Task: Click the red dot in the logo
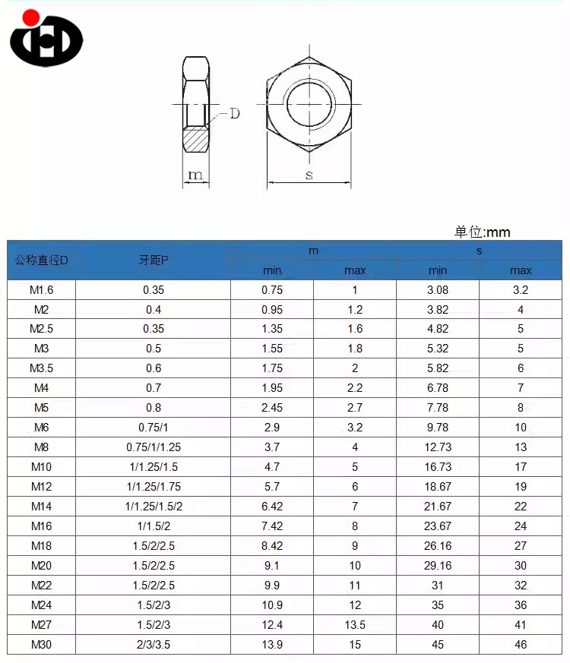[31, 17]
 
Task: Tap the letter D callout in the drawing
[234, 113]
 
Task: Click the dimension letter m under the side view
[195, 174]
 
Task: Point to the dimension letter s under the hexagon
[309, 175]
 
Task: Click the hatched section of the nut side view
[195, 139]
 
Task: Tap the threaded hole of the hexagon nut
[309, 104]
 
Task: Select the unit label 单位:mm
[483, 232]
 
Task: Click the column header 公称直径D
[42, 260]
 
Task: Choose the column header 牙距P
[154, 260]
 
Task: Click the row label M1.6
[42, 290]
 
